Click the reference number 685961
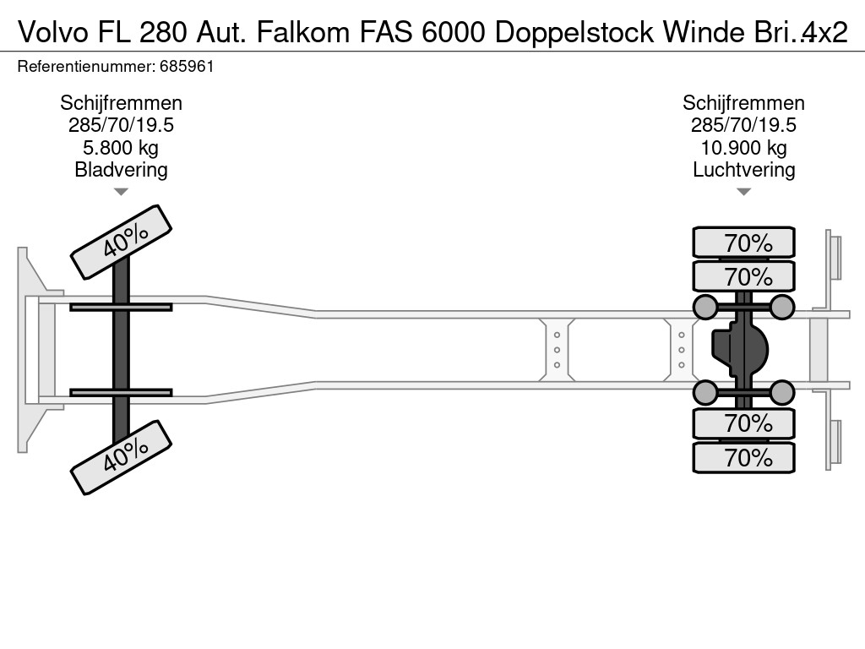point(187,67)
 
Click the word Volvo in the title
point(53,33)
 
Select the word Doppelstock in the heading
point(574,34)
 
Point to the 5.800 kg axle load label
point(121,148)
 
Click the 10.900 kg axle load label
point(743,148)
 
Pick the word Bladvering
point(121,170)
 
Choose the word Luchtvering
point(743,170)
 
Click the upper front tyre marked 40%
point(122,242)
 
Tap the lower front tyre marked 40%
point(122,457)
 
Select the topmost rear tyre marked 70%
point(743,243)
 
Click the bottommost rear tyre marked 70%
point(743,457)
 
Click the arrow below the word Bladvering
point(121,192)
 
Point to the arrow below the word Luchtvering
point(743,192)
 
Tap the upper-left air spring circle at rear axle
point(705,307)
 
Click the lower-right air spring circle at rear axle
point(781,392)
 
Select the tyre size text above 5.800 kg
point(121,125)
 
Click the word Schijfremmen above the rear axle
point(743,103)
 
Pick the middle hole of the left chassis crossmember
point(558,350)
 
